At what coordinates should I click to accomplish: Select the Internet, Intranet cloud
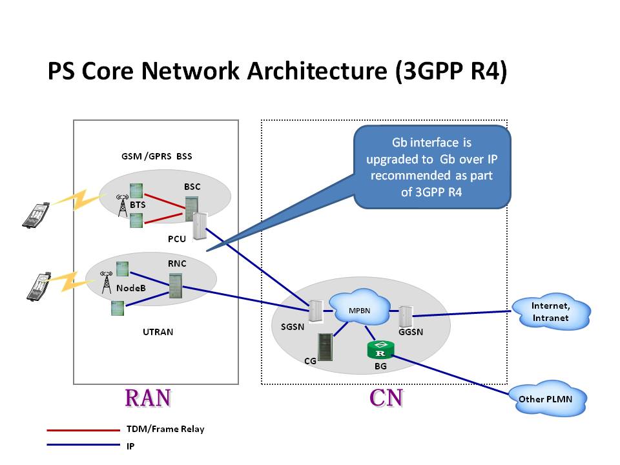coord(550,313)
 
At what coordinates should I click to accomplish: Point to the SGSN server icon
coord(316,311)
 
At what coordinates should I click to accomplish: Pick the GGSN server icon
coord(406,316)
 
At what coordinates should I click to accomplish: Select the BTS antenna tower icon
coord(121,205)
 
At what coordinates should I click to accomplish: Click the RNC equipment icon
coord(175,285)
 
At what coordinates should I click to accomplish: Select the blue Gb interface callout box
coord(433,167)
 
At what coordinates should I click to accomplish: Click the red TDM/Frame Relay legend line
coord(83,429)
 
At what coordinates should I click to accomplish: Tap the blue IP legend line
coord(83,445)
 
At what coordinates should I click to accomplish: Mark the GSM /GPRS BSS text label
coord(156,156)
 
